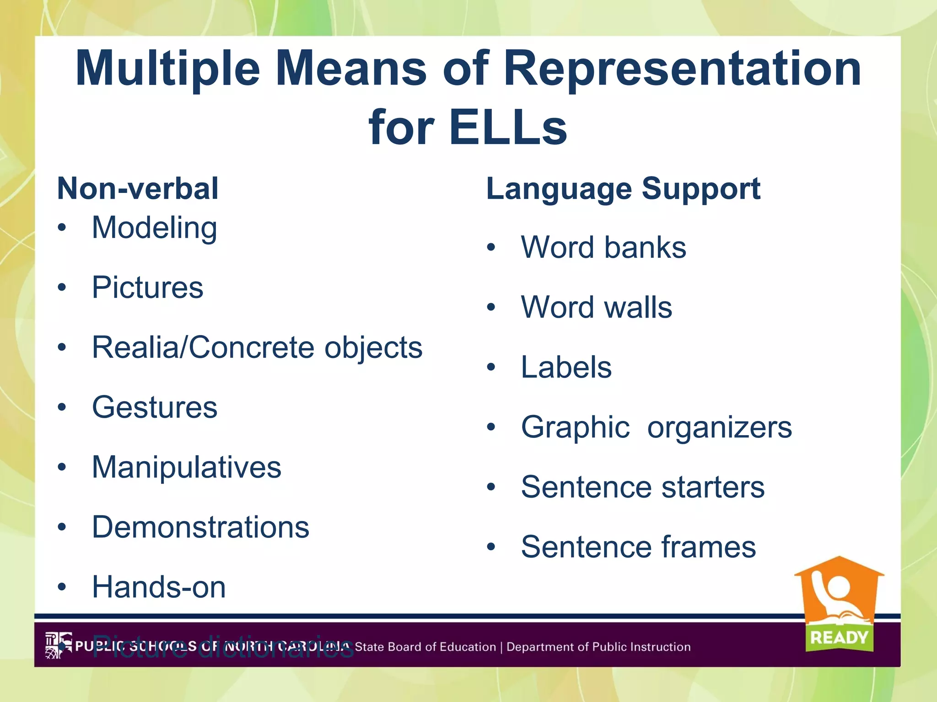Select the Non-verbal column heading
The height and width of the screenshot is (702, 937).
point(138,189)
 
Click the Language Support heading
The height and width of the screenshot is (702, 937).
point(623,189)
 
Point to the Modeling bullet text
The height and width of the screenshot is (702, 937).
point(154,228)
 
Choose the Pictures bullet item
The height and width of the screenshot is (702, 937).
point(147,287)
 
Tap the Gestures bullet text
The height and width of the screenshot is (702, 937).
point(155,407)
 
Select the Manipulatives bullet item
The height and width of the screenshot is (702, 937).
point(186,467)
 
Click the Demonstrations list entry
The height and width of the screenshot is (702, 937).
point(200,527)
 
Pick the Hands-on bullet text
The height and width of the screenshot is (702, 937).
point(159,587)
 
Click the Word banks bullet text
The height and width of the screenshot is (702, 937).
point(603,247)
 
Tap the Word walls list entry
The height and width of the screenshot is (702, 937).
point(596,307)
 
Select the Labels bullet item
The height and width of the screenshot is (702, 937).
point(566,367)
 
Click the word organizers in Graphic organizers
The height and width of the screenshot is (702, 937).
point(719,428)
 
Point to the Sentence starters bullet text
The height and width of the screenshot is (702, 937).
point(642,487)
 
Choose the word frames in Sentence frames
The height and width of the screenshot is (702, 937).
point(714,547)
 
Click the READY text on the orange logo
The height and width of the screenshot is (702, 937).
point(839,637)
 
